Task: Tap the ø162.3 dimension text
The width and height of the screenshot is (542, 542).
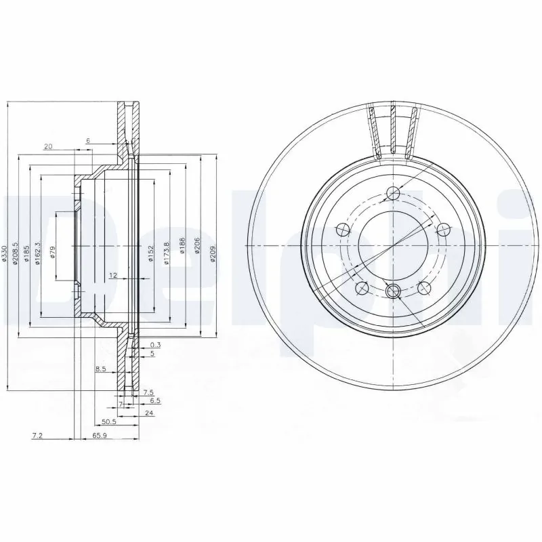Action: pos(38,253)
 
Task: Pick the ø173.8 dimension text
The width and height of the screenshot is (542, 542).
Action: pos(166,254)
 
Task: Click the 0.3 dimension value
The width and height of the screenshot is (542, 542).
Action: pos(155,344)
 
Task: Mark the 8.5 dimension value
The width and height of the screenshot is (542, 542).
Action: pos(101,369)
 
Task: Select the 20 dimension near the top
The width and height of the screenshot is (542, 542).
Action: pos(47,146)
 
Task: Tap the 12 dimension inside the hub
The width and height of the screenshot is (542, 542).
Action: pos(113,275)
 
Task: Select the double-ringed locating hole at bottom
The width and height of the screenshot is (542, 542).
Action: pos(393,291)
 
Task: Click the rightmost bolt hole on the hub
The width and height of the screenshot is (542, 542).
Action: pos(444,228)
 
